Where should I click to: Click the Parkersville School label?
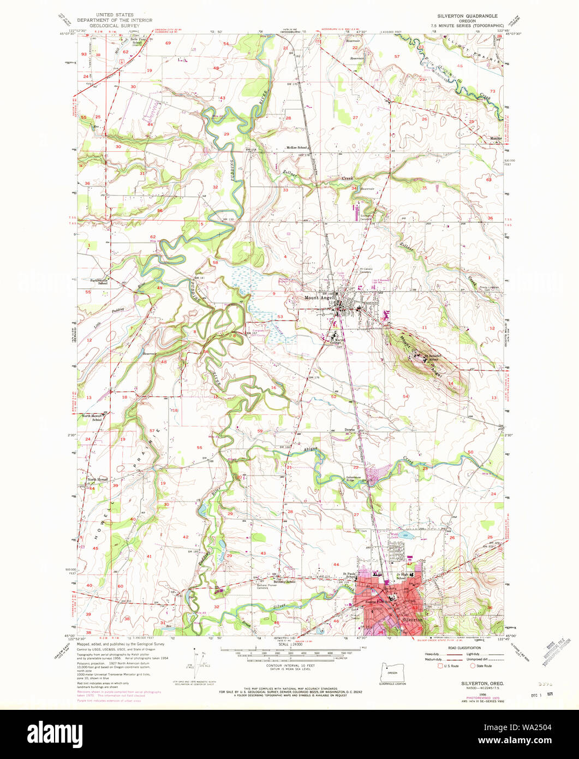99,282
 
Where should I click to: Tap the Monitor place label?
496,138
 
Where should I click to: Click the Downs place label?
350,430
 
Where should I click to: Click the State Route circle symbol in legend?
473,666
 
